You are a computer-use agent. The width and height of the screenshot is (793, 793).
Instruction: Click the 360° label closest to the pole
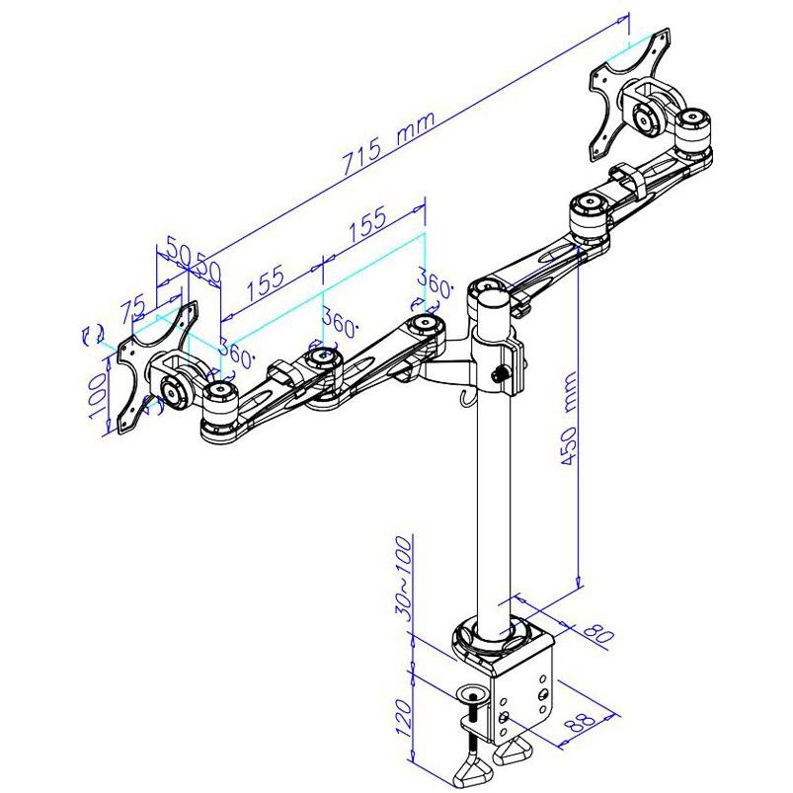pyautogui.click(x=434, y=280)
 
